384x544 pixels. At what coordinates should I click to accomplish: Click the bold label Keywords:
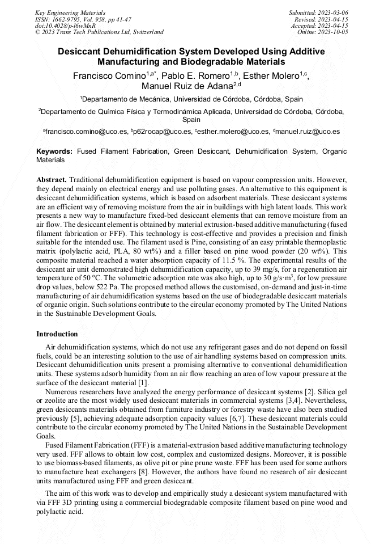click(54, 152)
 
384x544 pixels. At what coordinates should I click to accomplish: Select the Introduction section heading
click(57, 334)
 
